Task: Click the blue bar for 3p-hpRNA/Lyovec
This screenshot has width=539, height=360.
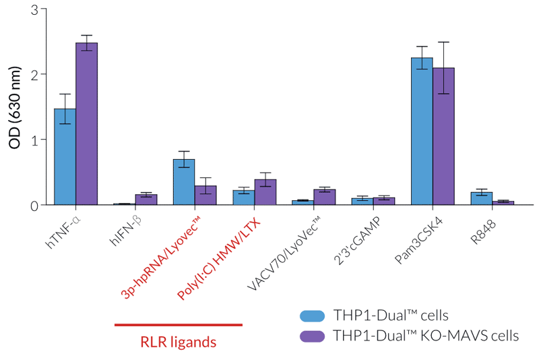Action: [x=184, y=182]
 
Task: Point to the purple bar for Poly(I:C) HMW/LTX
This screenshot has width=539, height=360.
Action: [x=265, y=192]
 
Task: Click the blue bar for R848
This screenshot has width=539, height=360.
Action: [x=481, y=198]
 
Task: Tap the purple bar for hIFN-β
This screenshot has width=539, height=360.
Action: [x=146, y=200]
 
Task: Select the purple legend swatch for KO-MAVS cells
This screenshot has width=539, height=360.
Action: [x=311, y=336]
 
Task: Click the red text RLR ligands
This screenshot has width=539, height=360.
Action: [x=178, y=342]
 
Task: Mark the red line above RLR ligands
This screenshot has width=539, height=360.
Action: [x=178, y=325]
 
